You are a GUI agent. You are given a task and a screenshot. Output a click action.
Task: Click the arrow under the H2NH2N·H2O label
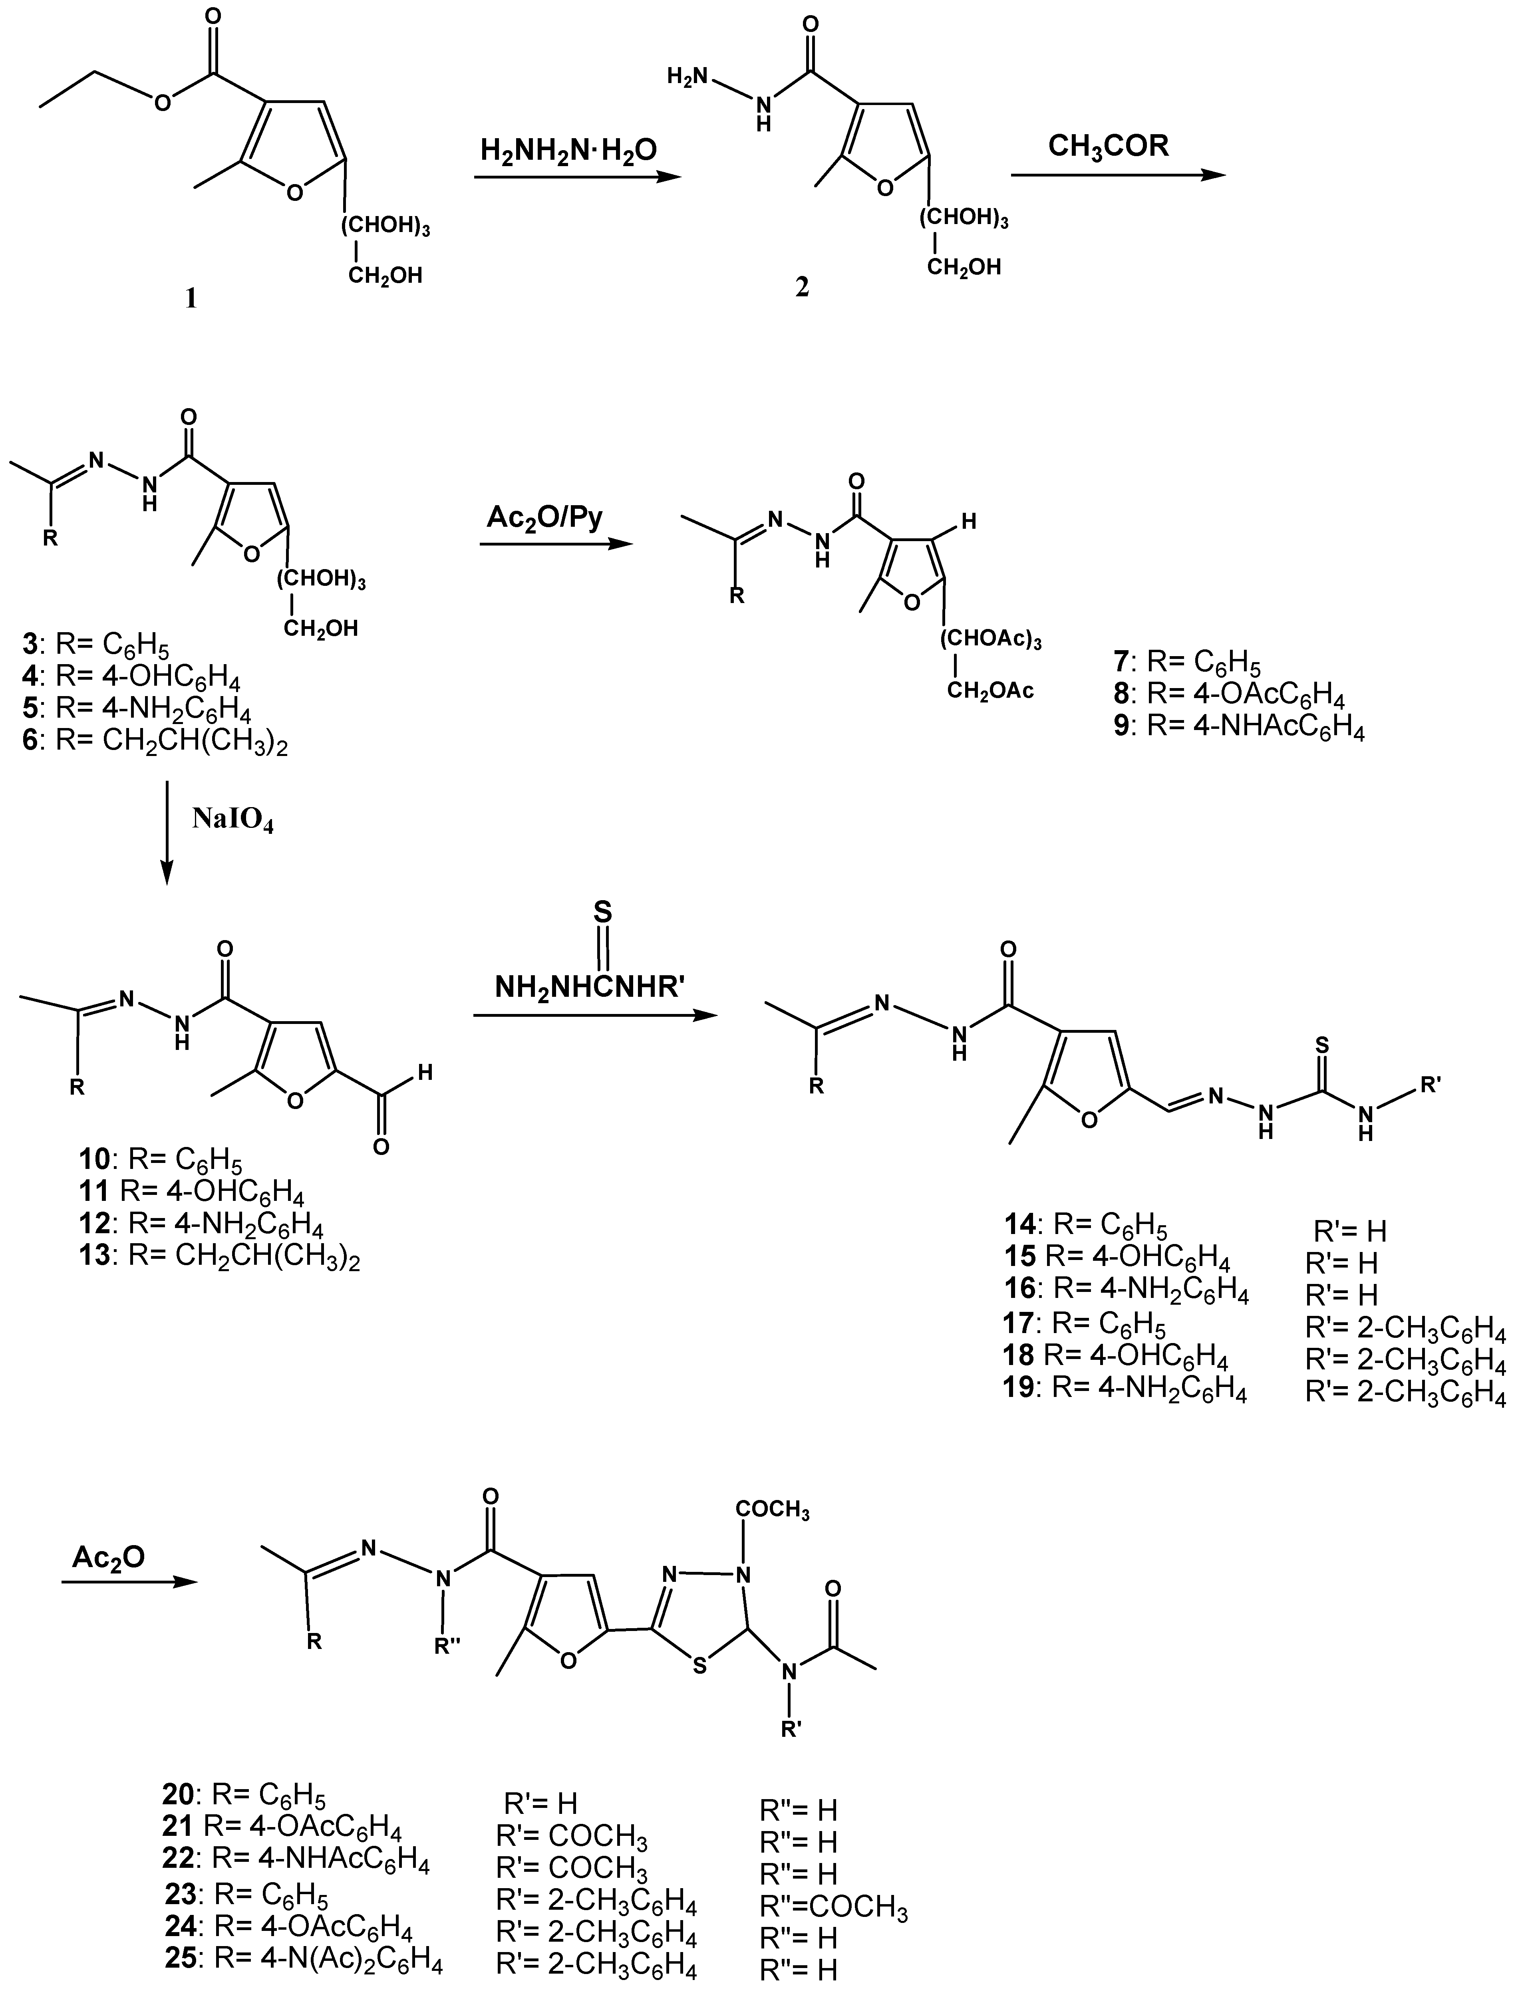tap(576, 178)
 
